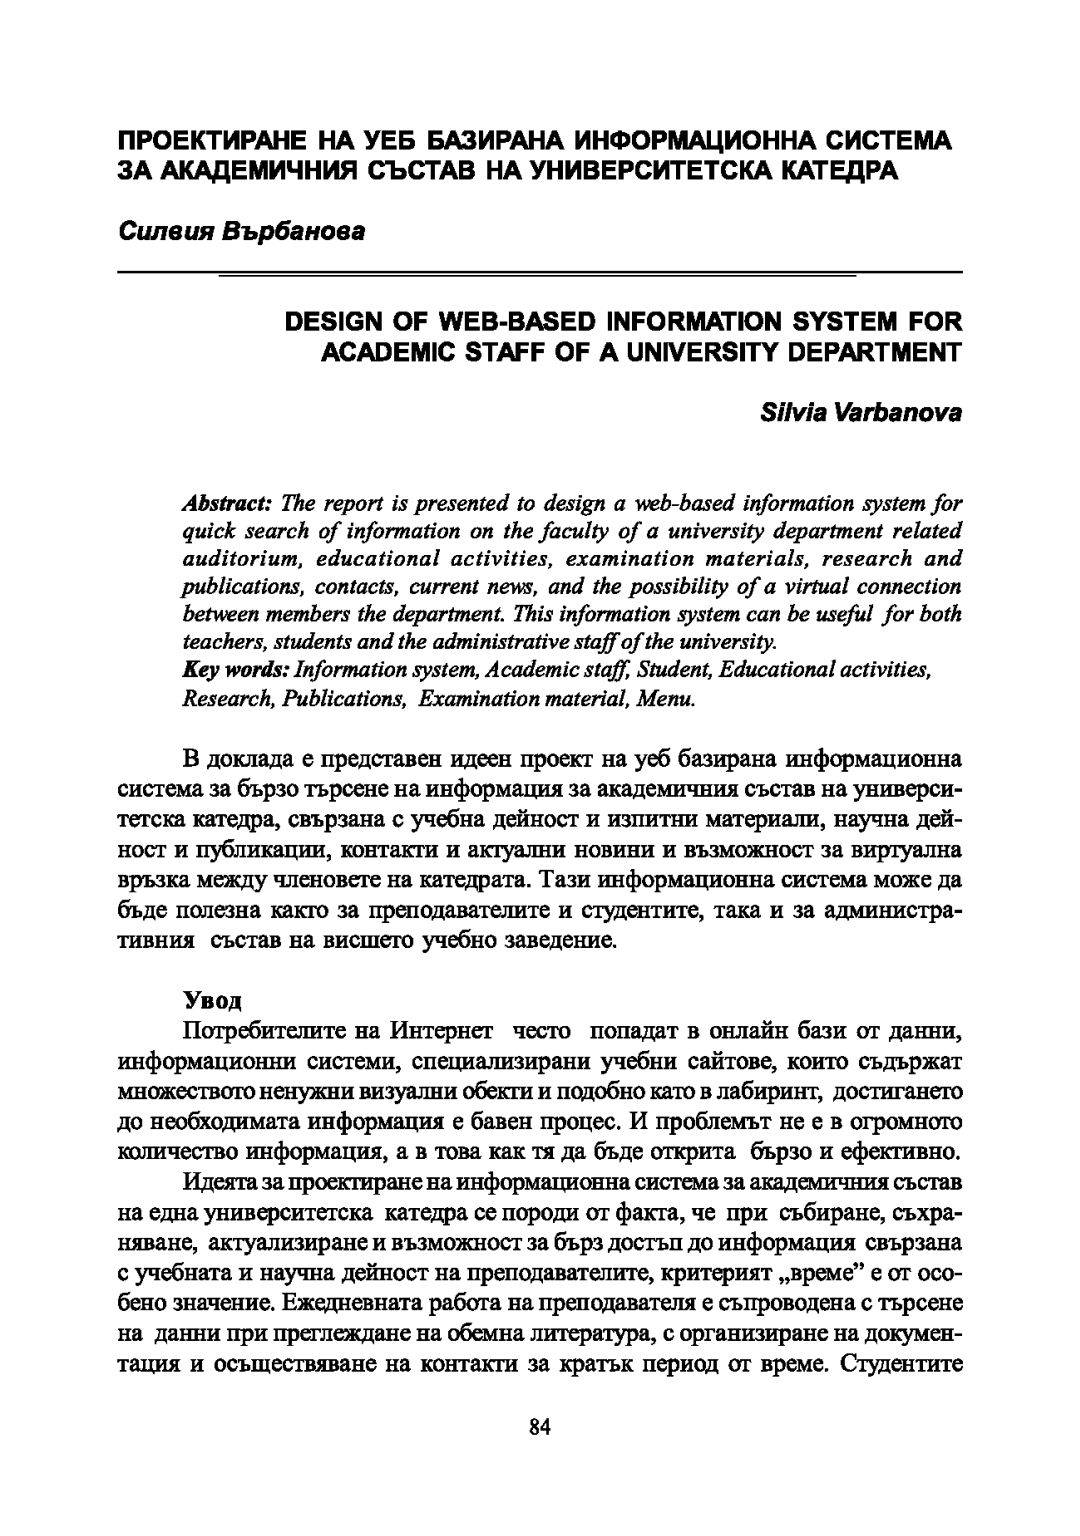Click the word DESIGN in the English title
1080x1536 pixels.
coord(332,321)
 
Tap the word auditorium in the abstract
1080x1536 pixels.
coord(230,558)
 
